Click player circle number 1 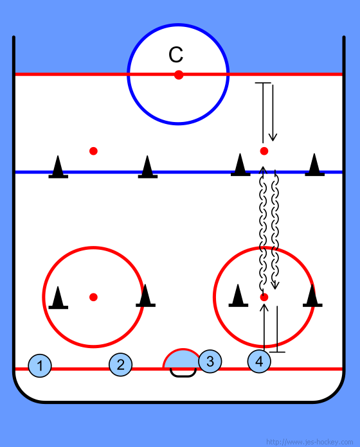point(40,365)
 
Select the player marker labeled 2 point(121,364)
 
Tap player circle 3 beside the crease point(210,361)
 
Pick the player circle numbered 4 point(259,361)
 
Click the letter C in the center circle point(175,55)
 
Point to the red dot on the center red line point(179,74)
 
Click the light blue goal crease point(182,359)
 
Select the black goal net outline point(183,373)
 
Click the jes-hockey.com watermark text point(309,442)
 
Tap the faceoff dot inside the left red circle point(93,297)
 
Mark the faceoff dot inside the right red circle point(264,297)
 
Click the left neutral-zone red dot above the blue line point(93,151)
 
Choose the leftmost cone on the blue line point(59,167)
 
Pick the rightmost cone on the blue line point(314,165)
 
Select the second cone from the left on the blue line point(148,167)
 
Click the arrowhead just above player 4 point(264,307)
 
